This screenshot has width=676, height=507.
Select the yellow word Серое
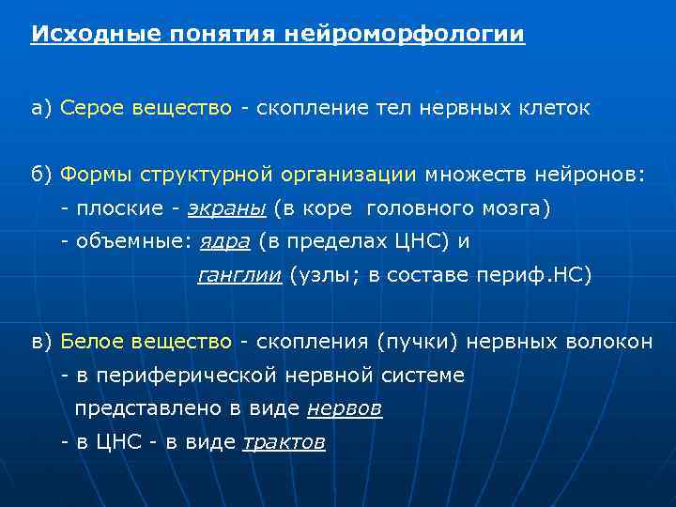click(90, 108)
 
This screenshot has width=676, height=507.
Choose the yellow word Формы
click(97, 174)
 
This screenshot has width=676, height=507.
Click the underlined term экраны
click(227, 207)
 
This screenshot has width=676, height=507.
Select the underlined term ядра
click(225, 241)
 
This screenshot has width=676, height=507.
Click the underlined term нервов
click(345, 409)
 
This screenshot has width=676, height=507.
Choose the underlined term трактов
click(284, 443)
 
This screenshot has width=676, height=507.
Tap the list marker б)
click(42, 174)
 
